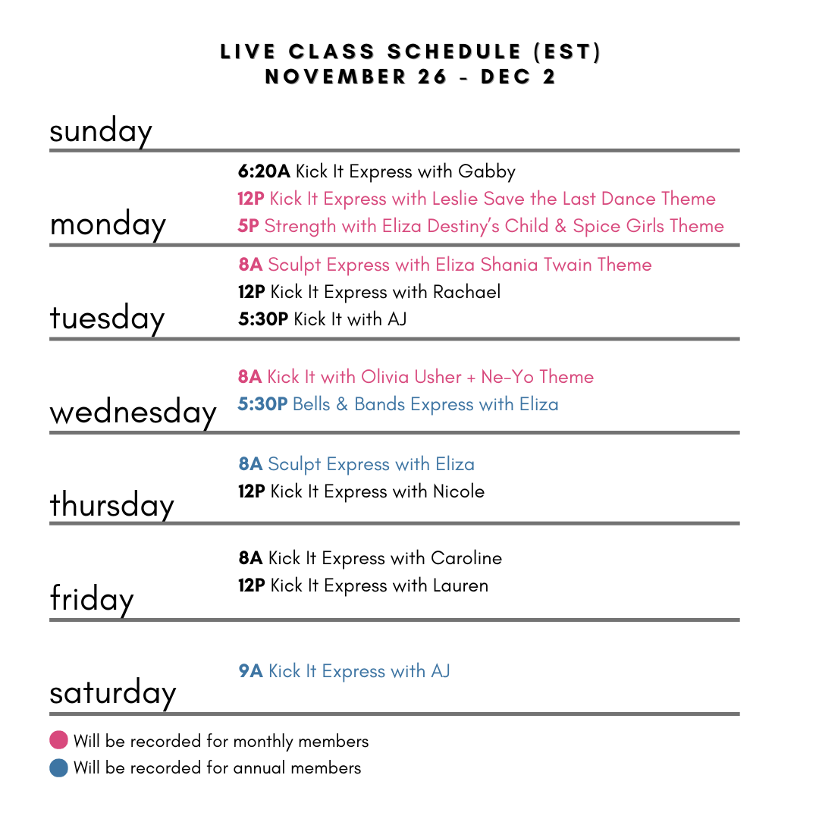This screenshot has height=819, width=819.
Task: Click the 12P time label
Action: pyautogui.click(x=250, y=199)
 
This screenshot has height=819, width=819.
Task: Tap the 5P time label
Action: pyautogui.click(x=248, y=227)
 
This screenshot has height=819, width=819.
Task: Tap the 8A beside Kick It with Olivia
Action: pyautogui.click(x=249, y=378)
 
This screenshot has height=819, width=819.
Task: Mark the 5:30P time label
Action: pyautogui.click(x=262, y=405)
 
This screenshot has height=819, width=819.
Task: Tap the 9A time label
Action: pyautogui.click(x=250, y=672)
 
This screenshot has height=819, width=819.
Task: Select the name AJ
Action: pyautogui.click(x=441, y=672)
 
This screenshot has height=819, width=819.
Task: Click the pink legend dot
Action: pyautogui.click(x=58, y=739)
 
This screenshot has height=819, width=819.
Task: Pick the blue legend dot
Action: pyautogui.click(x=58, y=768)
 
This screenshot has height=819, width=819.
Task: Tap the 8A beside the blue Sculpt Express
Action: pyautogui.click(x=250, y=465)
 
